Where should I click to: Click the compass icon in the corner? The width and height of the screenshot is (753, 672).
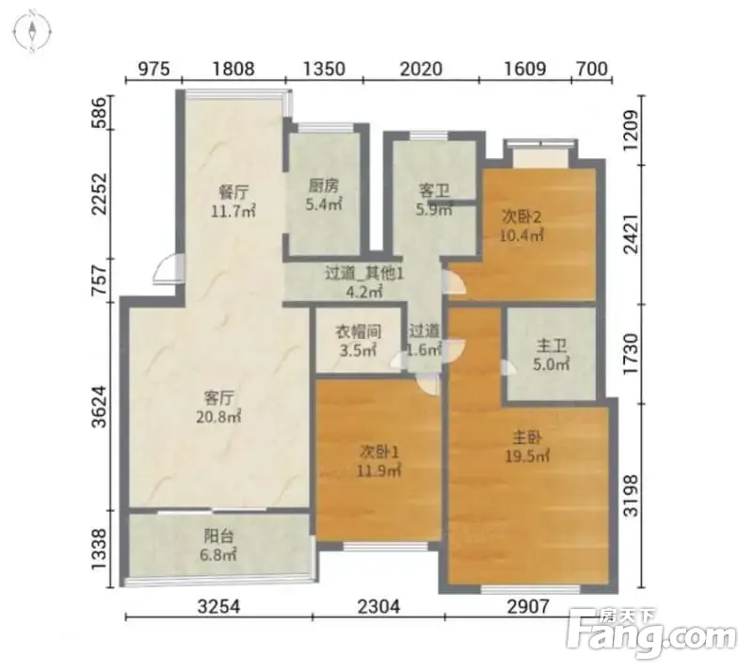click(33, 31)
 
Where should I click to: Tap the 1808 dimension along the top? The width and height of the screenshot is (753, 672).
click(233, 69)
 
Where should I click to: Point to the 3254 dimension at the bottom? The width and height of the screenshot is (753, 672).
click(218, 607)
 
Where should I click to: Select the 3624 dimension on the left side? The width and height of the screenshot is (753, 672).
click(100, 407)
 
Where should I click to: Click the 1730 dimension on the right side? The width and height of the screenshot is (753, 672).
click(632, 355)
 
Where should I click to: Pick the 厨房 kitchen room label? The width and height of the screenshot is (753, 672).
click(323, 186)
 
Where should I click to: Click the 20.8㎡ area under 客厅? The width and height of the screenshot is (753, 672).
click(218, 416)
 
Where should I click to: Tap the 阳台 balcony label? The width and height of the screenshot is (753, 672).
click(218, 536)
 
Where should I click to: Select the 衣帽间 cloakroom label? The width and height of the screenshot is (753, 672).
click(359, 331)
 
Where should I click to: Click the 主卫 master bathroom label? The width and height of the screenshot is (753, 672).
click(552, 345)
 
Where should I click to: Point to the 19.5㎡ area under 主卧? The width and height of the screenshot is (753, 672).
click(527, 456)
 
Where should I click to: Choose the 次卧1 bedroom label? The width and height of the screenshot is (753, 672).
click(379, 452)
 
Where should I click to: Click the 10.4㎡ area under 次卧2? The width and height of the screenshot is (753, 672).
click(521, 235)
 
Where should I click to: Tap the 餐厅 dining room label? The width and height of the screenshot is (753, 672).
click(233, 193)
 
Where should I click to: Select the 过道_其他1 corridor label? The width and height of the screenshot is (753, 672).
click(364, 274)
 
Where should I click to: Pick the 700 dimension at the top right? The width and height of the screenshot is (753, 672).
click(592, 69)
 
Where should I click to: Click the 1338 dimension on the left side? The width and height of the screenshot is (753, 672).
click(100, 550)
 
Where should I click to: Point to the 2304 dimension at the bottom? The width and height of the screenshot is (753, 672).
click(378, 607)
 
